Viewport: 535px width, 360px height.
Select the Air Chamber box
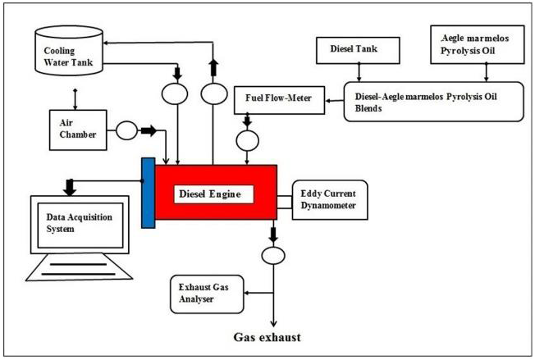pos(75,128)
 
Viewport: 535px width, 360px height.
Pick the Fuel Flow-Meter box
pos(277,99)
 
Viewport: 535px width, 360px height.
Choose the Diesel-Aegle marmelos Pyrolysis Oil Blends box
pos(433,100)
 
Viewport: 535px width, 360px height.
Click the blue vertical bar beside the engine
pos(148,193)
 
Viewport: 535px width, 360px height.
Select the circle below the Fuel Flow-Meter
pos(245,141)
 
